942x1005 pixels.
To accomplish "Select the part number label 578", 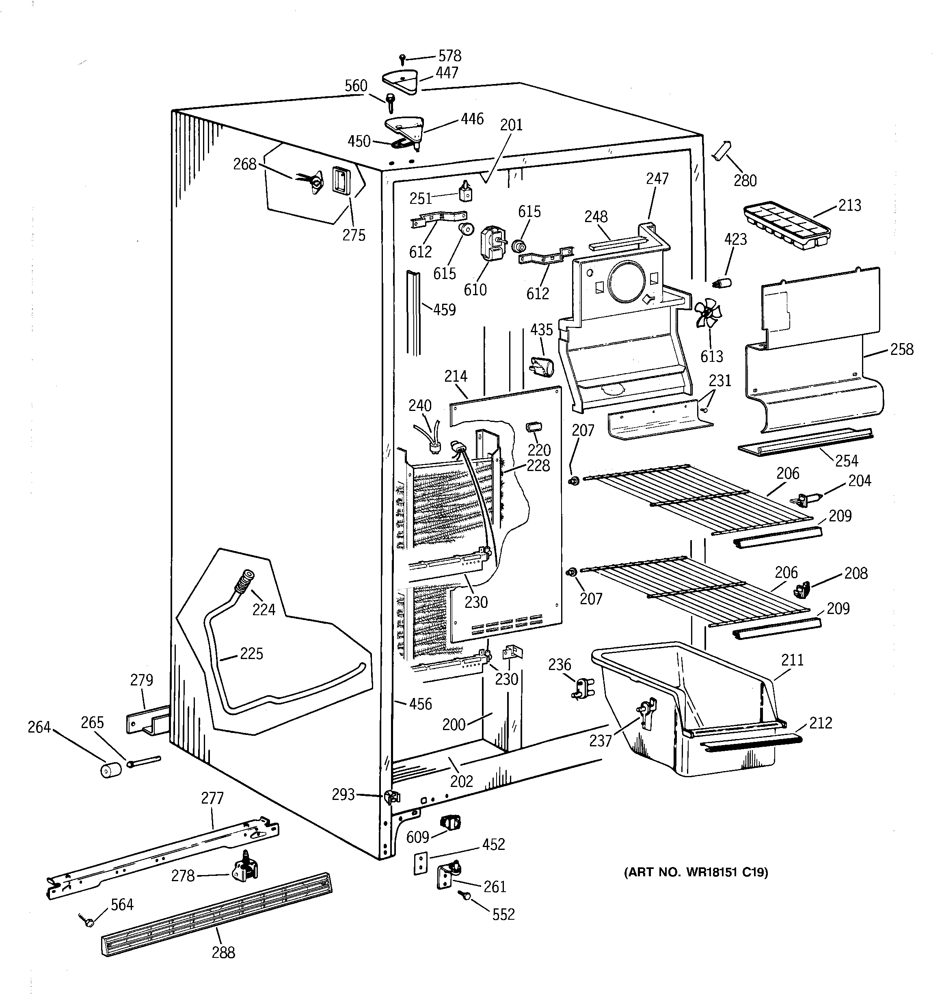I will coord(449,56).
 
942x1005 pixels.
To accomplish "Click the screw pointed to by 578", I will coord(402,59).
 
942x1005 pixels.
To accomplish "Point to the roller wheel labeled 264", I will coord(111,770).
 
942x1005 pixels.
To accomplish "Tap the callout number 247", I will coord(657,178).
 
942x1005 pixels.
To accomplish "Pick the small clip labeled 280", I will coord(722,151).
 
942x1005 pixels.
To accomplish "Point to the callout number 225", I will coord(251,654).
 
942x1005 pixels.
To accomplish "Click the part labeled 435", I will coord(541,366).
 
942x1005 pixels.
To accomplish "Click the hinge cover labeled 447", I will coord(400,80).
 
